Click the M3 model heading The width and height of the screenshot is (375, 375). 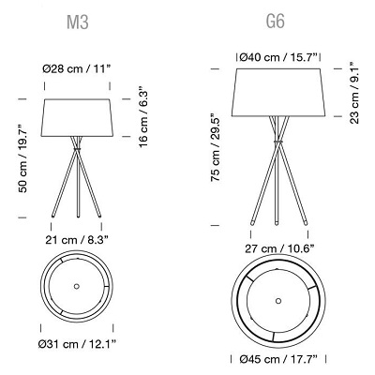coord(78,21)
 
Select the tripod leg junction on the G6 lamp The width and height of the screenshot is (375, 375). coord(278,141)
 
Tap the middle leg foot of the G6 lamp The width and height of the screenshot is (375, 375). coord(278,223)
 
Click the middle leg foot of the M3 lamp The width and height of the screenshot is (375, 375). coord(78,217)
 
